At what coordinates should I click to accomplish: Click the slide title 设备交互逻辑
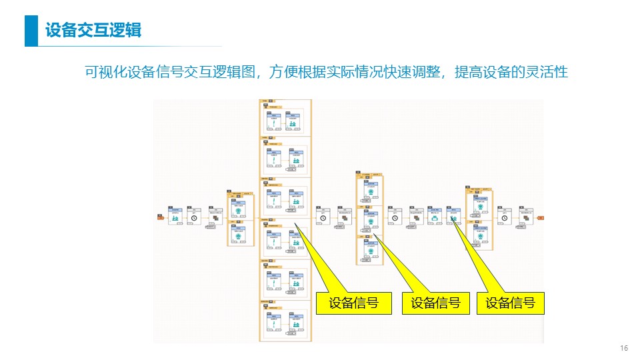(x=93, y=31)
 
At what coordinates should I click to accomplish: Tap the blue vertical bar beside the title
(x=31, y=31)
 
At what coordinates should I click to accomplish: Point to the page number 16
(x=624, y=349)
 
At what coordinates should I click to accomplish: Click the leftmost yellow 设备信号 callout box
(x=353, y=303)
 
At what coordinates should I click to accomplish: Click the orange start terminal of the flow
(x=161, y=217)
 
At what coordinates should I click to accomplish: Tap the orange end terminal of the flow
(x=540, y=217)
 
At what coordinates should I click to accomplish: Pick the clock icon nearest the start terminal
(x=194, y=217)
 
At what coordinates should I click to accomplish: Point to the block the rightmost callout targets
(x=453, y=217)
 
